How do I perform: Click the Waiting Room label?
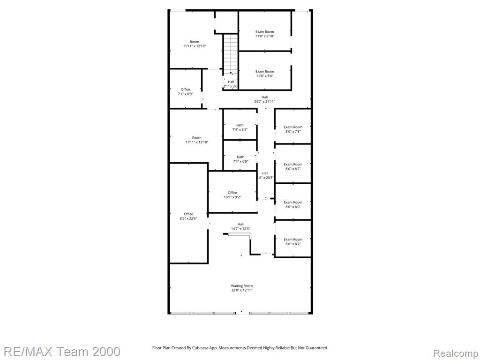click(x=241, y=288)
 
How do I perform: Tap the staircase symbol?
click(x=231, y=54)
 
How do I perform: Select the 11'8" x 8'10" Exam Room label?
click(x=265, y=34)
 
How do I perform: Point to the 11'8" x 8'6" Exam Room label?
click(x=265, y=74)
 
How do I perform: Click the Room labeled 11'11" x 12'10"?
click(x=195, y=44)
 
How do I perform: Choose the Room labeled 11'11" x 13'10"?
click(x=196, y=140)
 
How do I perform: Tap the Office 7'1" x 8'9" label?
click(x=185, y=91)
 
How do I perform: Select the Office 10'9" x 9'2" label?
click(x=232, y=195)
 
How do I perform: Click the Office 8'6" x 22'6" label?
click(x=188, y=216)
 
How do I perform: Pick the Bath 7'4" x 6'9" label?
click(x=240, y=127)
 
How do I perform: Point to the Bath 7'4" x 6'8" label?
click(x=240, y=159)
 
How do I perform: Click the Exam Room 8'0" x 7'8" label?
click(x=293, y=129)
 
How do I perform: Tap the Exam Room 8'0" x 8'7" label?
click(x=293, y=166)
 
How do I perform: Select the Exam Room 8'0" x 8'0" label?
click(x=293, y=204)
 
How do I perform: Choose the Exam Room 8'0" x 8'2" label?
click(x=293, y=241)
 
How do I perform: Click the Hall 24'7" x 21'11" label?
click(x=265, y=99)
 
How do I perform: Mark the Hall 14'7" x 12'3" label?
click(x=240, y=226)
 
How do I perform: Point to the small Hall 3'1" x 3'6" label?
click(x=231, y=84)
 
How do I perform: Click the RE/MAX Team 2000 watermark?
click(x=62, y=352)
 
